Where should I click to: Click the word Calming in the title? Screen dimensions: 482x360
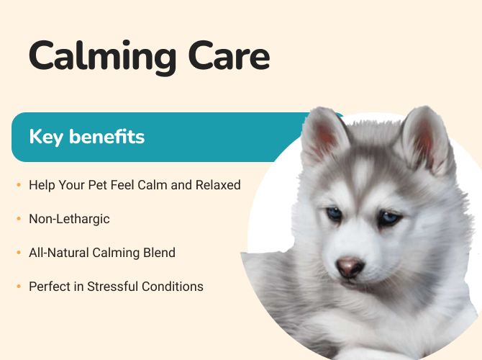(x=102, y=58)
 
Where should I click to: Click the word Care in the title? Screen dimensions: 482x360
(x=229, y=55)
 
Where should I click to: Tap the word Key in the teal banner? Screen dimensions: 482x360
(x=46, y=138)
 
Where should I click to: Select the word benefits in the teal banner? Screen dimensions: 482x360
(x=107, y=136)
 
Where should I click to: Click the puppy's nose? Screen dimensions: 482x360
(x=350, y=267)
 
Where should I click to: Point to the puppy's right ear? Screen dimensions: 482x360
(x=426, y=138)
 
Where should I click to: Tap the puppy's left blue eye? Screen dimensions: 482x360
(x=335, y=213)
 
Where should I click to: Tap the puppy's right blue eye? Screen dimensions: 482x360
(x=390, y=217)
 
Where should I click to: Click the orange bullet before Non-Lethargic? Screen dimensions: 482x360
(x=19, y=219)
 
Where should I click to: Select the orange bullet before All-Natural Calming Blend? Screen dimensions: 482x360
(x=19, y=253)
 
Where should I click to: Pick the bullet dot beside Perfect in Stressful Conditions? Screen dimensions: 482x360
(x=19, y=287)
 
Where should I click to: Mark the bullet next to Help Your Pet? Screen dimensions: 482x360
(x=19, y=185)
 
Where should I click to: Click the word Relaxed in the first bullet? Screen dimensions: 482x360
(x=218, y=185)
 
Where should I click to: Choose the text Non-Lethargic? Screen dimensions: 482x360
(x=69, y=220)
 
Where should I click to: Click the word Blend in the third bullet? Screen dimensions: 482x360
(x=159, y=253)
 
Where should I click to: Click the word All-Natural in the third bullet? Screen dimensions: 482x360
(x=58, y=253)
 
